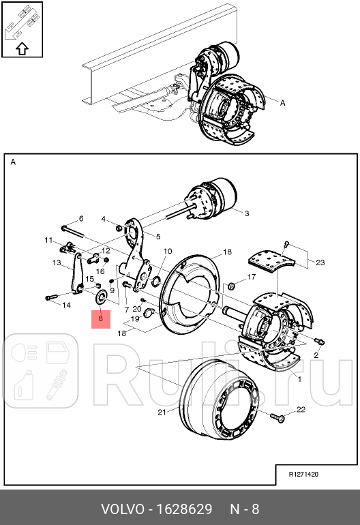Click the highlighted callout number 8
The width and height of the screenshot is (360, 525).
100,318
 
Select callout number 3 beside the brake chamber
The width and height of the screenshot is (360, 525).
246,213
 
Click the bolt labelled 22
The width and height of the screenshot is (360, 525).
278,415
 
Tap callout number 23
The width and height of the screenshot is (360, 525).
320,262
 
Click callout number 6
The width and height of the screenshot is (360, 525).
80,218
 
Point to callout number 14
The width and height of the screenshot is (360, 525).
66,305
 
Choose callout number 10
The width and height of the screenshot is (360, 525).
167,252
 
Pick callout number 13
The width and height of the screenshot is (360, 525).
57,262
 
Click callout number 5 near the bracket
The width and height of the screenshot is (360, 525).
157,237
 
